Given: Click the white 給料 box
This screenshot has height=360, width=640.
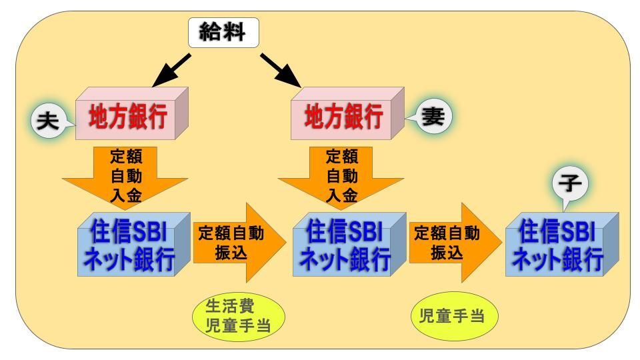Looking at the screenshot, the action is (223, 33).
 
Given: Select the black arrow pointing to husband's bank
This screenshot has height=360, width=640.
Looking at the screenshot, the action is (171, 70).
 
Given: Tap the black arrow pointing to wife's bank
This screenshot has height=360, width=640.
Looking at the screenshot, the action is (281, 70).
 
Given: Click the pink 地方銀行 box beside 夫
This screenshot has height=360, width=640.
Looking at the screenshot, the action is (132, 113).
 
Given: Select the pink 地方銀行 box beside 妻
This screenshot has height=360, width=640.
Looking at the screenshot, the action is (347, 113).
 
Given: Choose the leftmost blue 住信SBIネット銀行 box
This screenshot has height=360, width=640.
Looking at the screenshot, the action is (134, 244).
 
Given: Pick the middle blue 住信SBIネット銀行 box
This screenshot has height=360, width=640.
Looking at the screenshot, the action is (349, 244).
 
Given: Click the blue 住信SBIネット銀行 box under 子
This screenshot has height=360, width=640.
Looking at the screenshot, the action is (562, 244).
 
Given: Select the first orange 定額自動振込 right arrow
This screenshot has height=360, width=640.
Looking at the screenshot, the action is (240, 243).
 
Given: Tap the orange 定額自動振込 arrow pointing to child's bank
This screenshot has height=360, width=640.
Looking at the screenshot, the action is (455, 243).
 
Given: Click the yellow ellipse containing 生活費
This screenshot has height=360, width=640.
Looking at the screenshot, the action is (239, 316).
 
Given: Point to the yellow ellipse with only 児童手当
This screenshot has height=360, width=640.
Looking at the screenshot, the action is (454, 316).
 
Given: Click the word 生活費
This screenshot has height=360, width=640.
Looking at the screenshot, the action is (230, 306).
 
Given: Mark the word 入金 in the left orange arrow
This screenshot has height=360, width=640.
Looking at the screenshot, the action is (126, 195).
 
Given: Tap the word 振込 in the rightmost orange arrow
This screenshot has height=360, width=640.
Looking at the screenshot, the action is (447, 253).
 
